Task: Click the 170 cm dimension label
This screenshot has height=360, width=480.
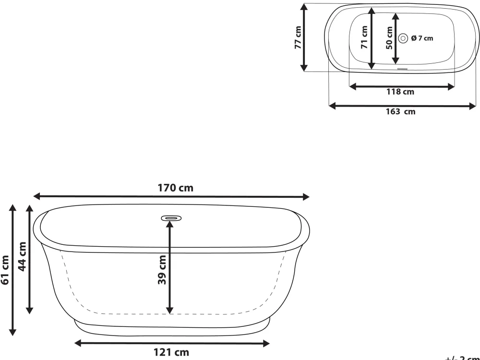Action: tap(176, 188)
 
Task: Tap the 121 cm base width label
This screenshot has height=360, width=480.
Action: tap(171, 353)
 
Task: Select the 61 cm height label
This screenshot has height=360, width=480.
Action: tap(5, 270)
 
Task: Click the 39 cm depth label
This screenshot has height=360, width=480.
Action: tap(162, 269)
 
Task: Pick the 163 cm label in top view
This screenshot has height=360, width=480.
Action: tap(401, 112)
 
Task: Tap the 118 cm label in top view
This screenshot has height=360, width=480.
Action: tap(400, 92)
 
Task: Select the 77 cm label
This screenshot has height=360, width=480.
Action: tap(298, 37)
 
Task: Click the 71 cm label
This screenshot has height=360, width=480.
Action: tap(364, 37)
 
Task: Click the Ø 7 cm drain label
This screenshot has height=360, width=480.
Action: tap(422, 38)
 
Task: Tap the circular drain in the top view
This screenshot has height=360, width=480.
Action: tap(403, 38)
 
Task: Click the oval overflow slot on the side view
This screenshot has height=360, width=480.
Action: tap(171, 218)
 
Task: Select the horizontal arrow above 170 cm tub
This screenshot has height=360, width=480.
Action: tap(171, 197)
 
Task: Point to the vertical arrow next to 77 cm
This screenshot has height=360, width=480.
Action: tap(305, 37)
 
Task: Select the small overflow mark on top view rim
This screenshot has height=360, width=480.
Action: tap(402, 68)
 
